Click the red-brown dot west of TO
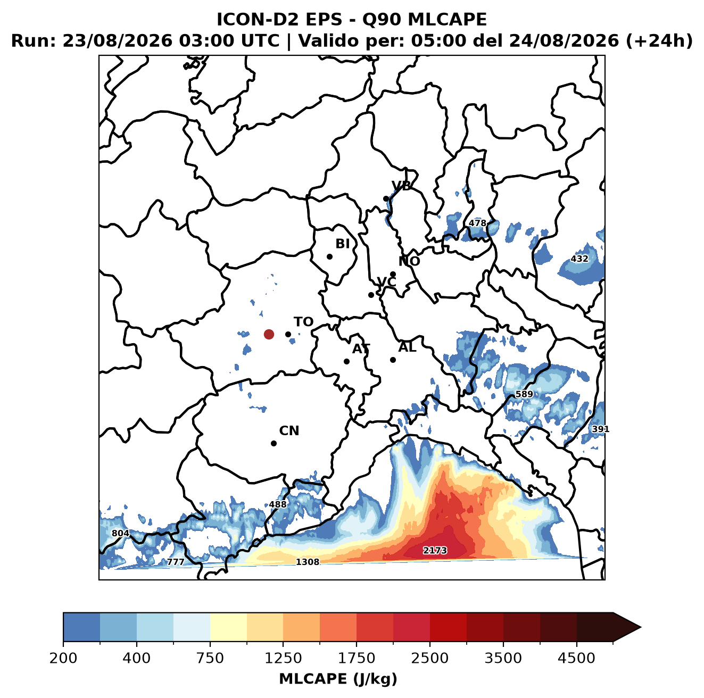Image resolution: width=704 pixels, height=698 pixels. click(269, 334)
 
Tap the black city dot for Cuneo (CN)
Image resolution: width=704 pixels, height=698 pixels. click(274, 443)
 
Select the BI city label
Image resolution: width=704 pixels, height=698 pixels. click(342, 243)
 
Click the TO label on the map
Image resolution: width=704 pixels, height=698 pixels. click(303, 322)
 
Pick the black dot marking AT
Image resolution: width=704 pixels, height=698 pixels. click(346, 361)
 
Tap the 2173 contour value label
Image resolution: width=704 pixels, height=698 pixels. click(434, 550)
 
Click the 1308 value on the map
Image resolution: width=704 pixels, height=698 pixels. click(307, 562)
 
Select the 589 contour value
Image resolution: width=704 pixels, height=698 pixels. click(524, 394)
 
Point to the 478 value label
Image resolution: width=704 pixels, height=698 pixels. click(477, 223)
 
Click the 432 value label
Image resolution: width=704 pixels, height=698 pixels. click(579, 259)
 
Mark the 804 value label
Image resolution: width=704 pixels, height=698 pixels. click(120, 533)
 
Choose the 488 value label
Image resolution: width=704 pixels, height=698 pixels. click(277, 504)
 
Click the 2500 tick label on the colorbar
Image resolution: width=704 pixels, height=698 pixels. click(429, 658)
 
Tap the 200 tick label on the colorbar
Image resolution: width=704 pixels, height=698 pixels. click(63, 658)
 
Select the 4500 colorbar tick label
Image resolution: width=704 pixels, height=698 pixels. click(576, 658)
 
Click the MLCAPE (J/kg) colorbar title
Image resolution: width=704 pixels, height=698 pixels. click(337, 679)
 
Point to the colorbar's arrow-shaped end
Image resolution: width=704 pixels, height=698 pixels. click(626, 628)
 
